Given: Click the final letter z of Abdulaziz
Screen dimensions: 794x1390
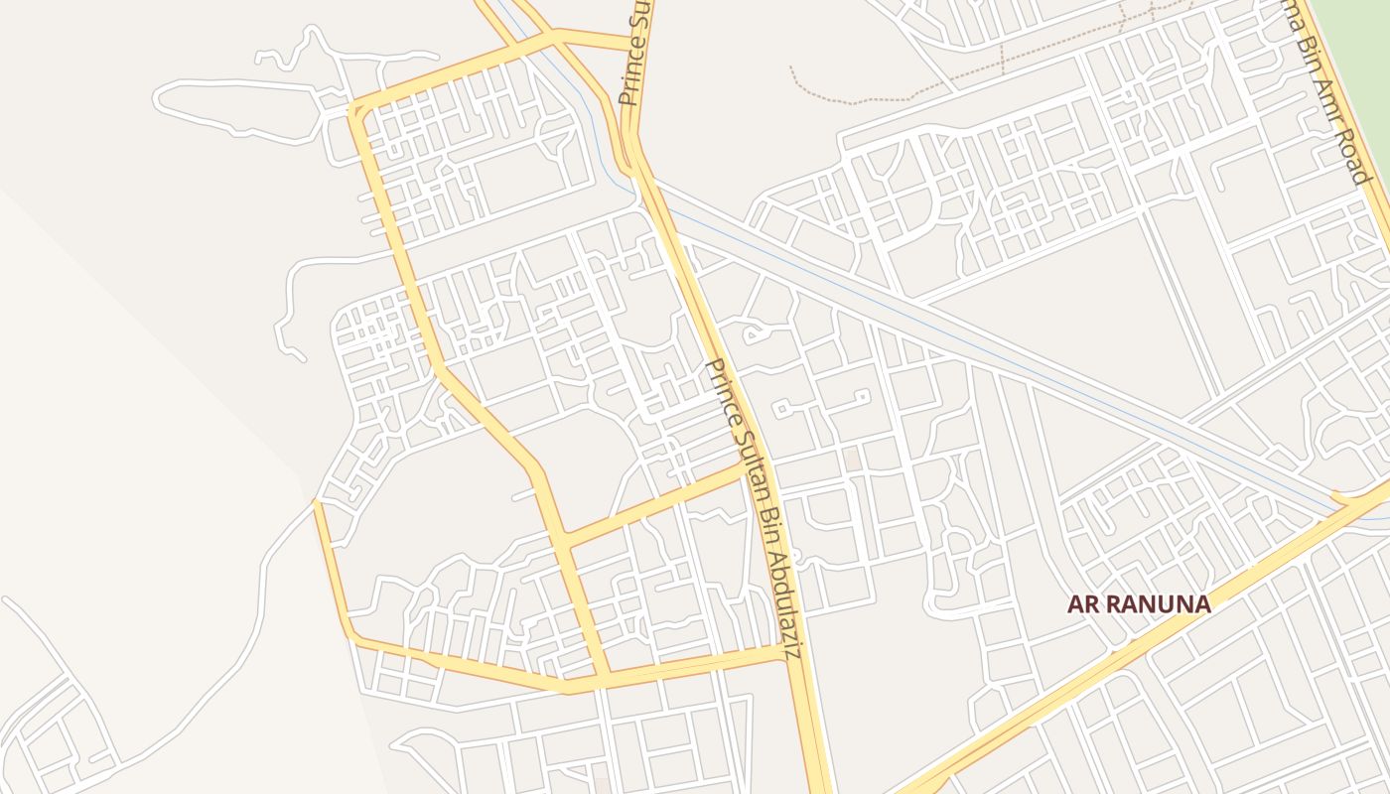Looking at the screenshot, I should point(791,654).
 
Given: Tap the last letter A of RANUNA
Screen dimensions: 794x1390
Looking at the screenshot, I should point(1202,604).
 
